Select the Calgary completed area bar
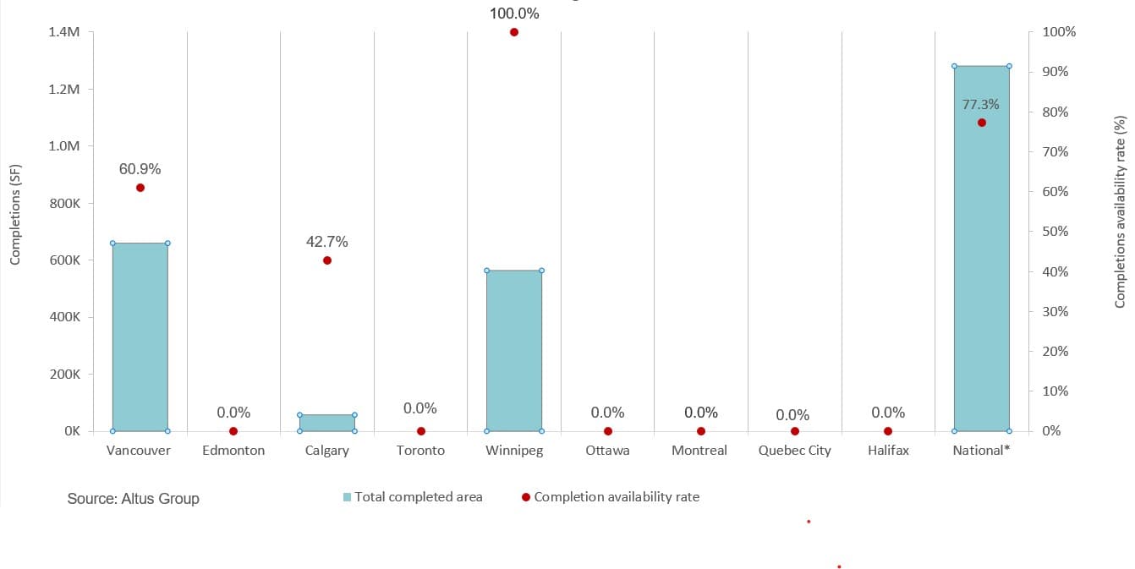(x=327, y=423)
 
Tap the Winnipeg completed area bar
(x=513, y=350)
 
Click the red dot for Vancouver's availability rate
(x=140, y=188)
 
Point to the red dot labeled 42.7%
(x=327, y=260)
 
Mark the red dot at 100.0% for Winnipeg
(x=513, y=32)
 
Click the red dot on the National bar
(x=982, y=123)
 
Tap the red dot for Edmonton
(x=233, y=431)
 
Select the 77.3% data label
(x=981, y=105)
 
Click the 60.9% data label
(x=140, y=169)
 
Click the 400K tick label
(x=64, y=317)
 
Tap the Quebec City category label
(x=794, y=451)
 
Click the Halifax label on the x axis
(x=888, y=451)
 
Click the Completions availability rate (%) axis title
(x=1120, y=211)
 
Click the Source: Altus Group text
(x=134, y=499)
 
